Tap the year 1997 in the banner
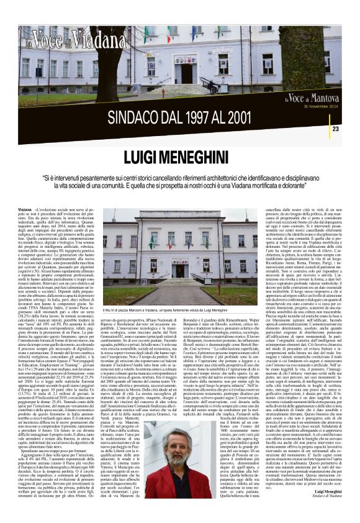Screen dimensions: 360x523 click(203, 117)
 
